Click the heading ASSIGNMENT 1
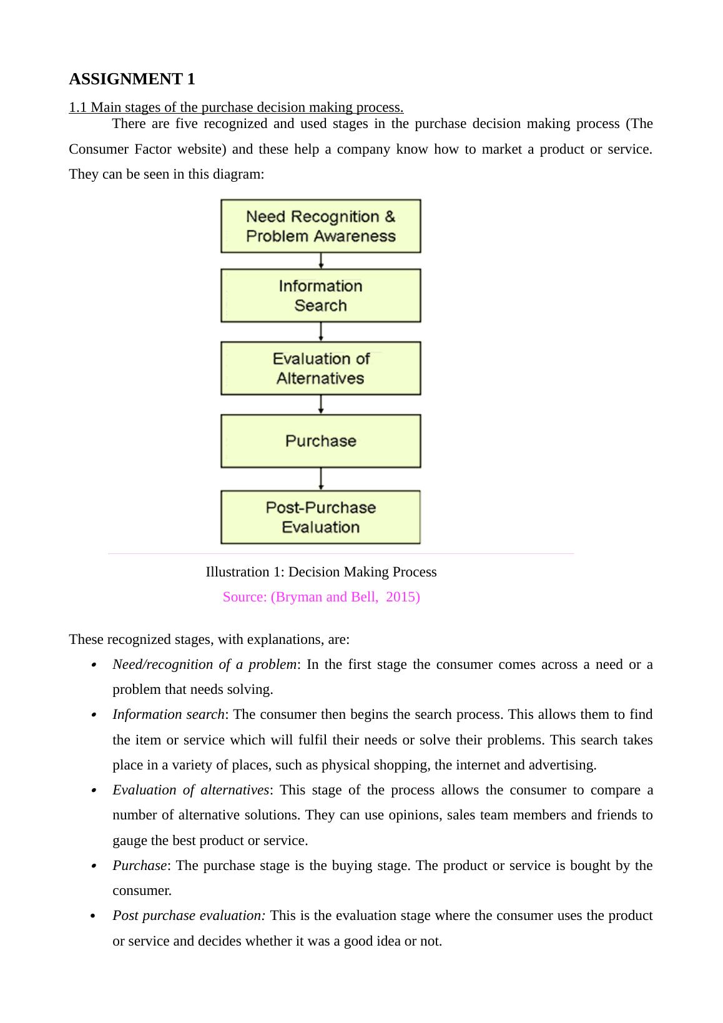pyautogui.click(x=132, y=79)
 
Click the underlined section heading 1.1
pyautogui.click(x=236, y=107)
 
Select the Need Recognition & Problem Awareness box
pyautogui.click(x=320, y=226)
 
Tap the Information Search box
pyautogui.click(x=320, y=295)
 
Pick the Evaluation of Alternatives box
pyautogui.click(x=320, y=368)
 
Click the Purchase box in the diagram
pyautogui.click(x=320, y=441)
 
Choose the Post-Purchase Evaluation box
pyautogui.click(x=320, y=517)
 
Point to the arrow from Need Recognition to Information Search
pyautogui.click(x=321, y=260)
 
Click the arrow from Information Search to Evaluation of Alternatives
pyautogui.click(x=321, y=332)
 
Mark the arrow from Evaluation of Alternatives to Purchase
pyautogui.click(x=321, y=405)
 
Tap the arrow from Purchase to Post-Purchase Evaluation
pyautogui.click(x=321, y=479)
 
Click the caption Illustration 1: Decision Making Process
pyautogui.click(x=321, y=572)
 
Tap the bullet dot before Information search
pyautogui.click(x=93, y=715)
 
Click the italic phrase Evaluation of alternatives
pyautogui.click(x=190, y=790)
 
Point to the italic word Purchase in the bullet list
pyautogui.click(x=139, y=866)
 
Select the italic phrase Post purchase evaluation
pyautogui.click(x=189, y=916)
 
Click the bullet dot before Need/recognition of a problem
pyautogui.click(x=93, y=665)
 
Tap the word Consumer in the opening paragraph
pyautogui.click(x=99, y=149)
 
